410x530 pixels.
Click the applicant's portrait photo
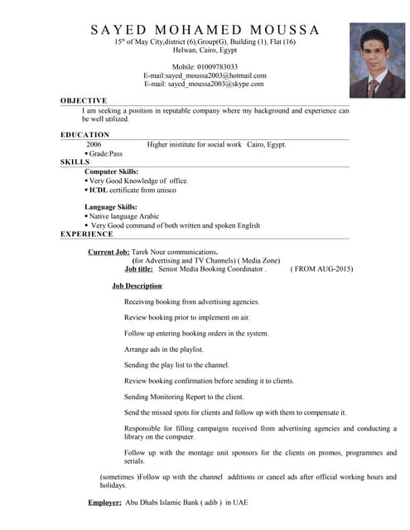pos(377,60)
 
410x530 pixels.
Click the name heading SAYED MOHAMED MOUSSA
pos(205,30)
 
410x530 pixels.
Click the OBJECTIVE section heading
pos(84,100)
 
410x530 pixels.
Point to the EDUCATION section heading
pos(84,134)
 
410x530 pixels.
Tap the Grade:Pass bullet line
pos(106,153)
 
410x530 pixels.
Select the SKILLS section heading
pos(75,161)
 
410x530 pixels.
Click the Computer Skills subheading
pos(112,171)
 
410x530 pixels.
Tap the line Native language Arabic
pos(123,216)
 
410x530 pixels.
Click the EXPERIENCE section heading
pos(87,234)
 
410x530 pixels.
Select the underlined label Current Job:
pos(109,252)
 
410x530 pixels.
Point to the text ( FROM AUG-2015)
pos(321,269)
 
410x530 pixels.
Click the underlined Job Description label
pos(137,286)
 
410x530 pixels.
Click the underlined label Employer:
pos(105,503)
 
